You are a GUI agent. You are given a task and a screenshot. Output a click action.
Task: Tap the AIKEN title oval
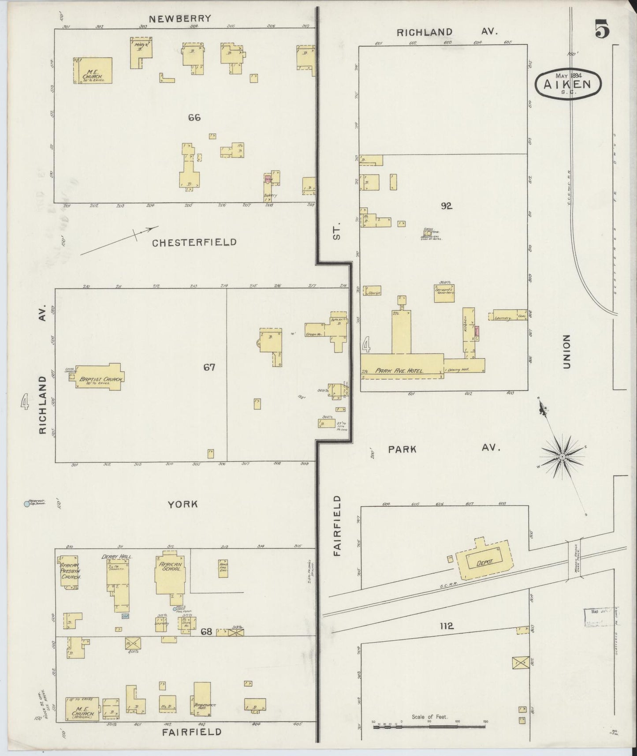click(x=568, y=83)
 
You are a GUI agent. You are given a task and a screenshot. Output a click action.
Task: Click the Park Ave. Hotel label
click(x=399, y=371)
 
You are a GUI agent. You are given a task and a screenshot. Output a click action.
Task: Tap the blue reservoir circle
click(x=27, y=503)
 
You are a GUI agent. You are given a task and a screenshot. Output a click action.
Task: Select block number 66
click(x=194, y=117)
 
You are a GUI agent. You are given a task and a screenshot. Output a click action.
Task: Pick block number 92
click(x=447, y=206)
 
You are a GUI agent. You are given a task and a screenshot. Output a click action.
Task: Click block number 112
click(x=447, y=625)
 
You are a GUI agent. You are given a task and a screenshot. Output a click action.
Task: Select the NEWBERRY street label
click(x=180, y=19)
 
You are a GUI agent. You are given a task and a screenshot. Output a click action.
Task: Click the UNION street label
click(x=566, y=352)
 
